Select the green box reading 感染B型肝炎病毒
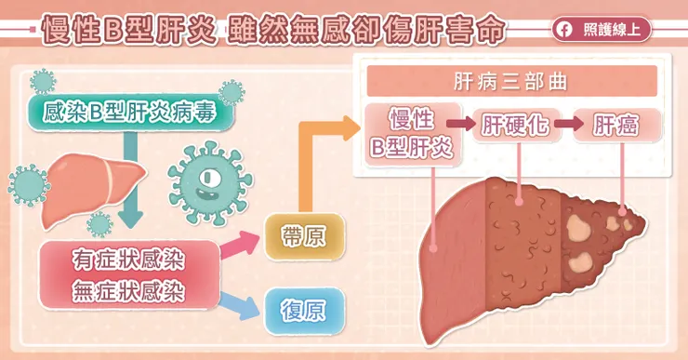[x=128, y=113]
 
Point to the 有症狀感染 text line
[x=129, y=257]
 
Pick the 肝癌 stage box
[x=616, y=124]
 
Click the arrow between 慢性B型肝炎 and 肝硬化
[x=460, y=124]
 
